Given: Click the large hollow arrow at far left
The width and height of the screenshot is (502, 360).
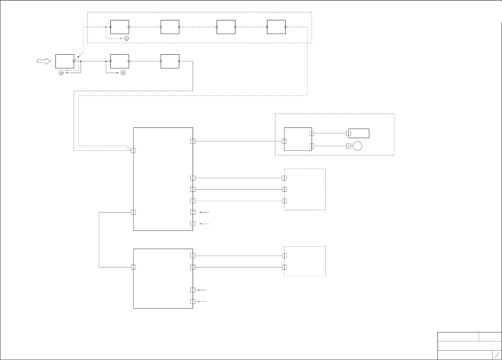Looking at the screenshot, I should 44,61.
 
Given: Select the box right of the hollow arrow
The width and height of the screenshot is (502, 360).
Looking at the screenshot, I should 65,61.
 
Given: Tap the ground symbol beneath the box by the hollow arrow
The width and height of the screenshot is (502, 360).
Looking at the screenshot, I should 61,73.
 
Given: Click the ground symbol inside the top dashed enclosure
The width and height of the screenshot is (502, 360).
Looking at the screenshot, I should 127,38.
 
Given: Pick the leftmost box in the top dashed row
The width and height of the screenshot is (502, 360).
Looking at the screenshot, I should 119,27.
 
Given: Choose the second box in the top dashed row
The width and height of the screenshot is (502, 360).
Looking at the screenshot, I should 170,27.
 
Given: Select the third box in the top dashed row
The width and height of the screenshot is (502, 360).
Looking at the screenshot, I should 226,27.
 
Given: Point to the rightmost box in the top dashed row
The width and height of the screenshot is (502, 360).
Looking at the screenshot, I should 276,27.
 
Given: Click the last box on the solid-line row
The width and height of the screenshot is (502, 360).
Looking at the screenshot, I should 170,61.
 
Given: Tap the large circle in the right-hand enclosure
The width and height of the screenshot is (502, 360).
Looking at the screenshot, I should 357,146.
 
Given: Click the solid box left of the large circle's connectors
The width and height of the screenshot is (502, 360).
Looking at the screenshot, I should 298,139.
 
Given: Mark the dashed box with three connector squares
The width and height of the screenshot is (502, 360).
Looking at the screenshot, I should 305,189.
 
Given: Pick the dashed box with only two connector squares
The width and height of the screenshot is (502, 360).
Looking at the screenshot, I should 305,262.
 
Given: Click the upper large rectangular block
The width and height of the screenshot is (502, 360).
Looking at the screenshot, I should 163,179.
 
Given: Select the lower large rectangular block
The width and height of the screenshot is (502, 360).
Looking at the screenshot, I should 163,278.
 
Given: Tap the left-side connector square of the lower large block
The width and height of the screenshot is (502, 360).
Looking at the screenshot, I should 133,267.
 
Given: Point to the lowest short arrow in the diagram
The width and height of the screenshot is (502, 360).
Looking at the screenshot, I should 202,302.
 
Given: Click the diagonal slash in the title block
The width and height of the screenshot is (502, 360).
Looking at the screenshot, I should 497,355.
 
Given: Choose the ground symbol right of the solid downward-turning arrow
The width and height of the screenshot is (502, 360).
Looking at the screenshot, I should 123,73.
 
